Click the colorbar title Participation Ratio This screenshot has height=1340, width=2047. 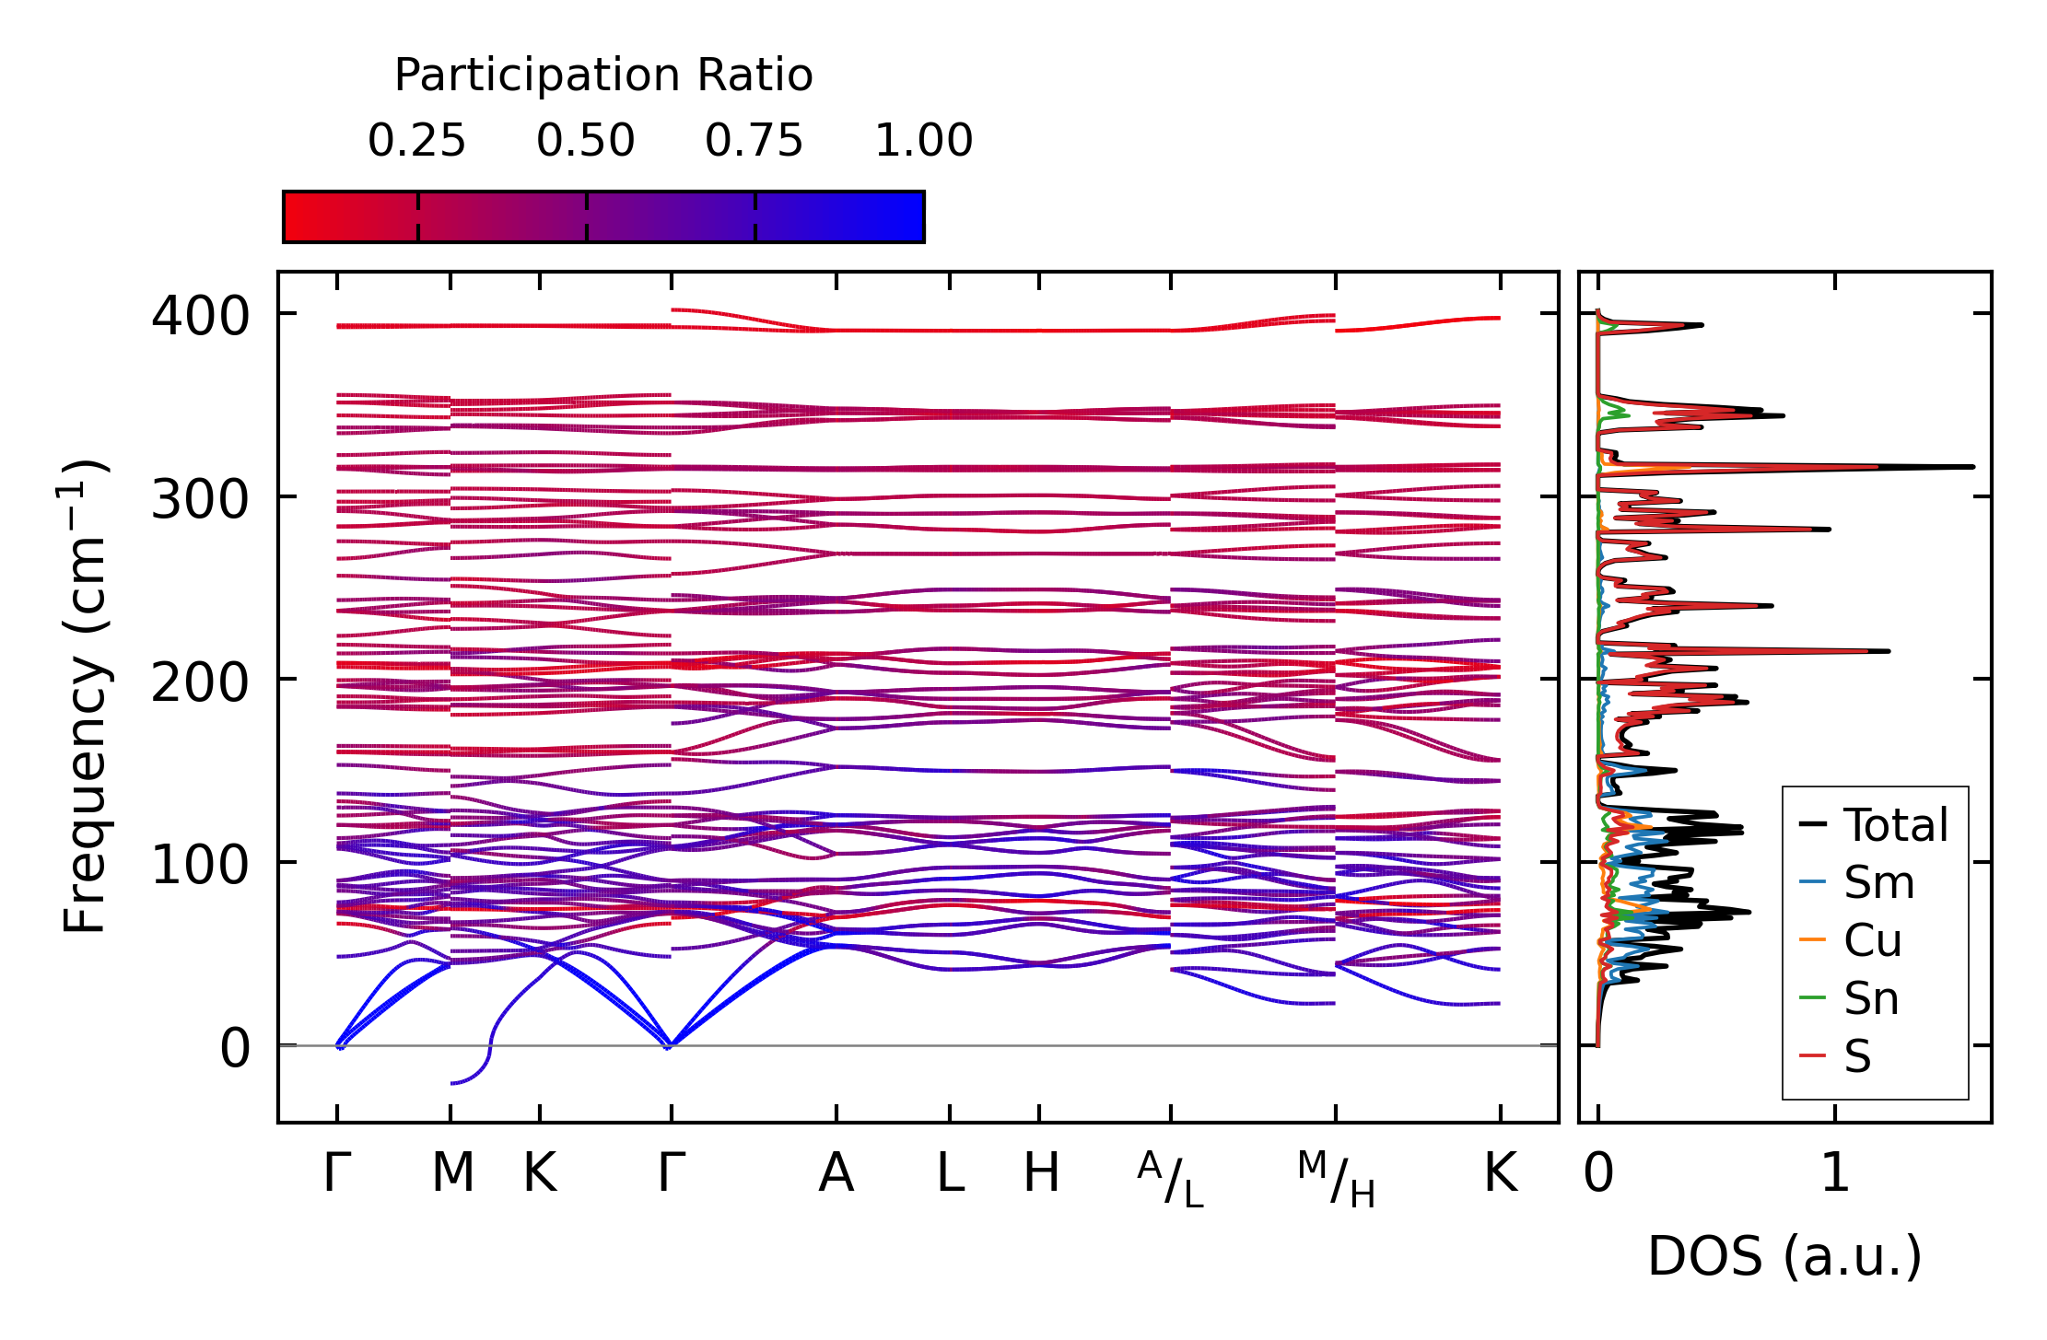(x=603, y=76)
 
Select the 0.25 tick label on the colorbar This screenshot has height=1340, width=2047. (x=416, y=141)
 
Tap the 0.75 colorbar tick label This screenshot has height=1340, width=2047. (x=754, y=141)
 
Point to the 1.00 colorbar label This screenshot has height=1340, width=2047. (x=923, y=141)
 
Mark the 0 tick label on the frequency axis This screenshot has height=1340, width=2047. (x=234, y=1048)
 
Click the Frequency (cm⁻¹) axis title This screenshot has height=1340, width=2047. (x=85, y=696)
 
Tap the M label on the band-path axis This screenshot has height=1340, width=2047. (x=452, y=1173)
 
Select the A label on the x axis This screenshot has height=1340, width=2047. (x=836, y=1173)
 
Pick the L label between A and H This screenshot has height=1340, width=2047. (x=950, y=1173)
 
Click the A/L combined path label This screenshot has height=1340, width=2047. (x=1170, y=1179)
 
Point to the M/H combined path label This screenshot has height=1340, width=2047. (x=1336, y=1179)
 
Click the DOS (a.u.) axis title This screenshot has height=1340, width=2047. (x=1784, y=1256)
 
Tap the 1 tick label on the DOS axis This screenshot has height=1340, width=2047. (x=1834, y=1173)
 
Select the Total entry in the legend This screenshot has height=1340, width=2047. (x=1894, y=825)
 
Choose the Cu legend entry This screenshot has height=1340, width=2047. (x=1872, y=940)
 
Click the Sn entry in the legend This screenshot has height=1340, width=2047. (x=1870, y=998)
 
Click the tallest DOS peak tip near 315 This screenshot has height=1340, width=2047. (x=1972, y=467)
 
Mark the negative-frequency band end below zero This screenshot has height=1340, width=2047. (x=452, y=1083)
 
